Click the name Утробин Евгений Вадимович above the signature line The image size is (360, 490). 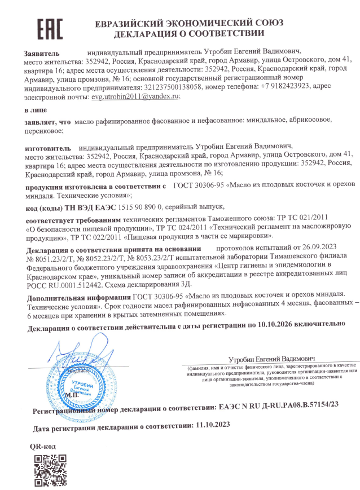coord(272,359)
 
